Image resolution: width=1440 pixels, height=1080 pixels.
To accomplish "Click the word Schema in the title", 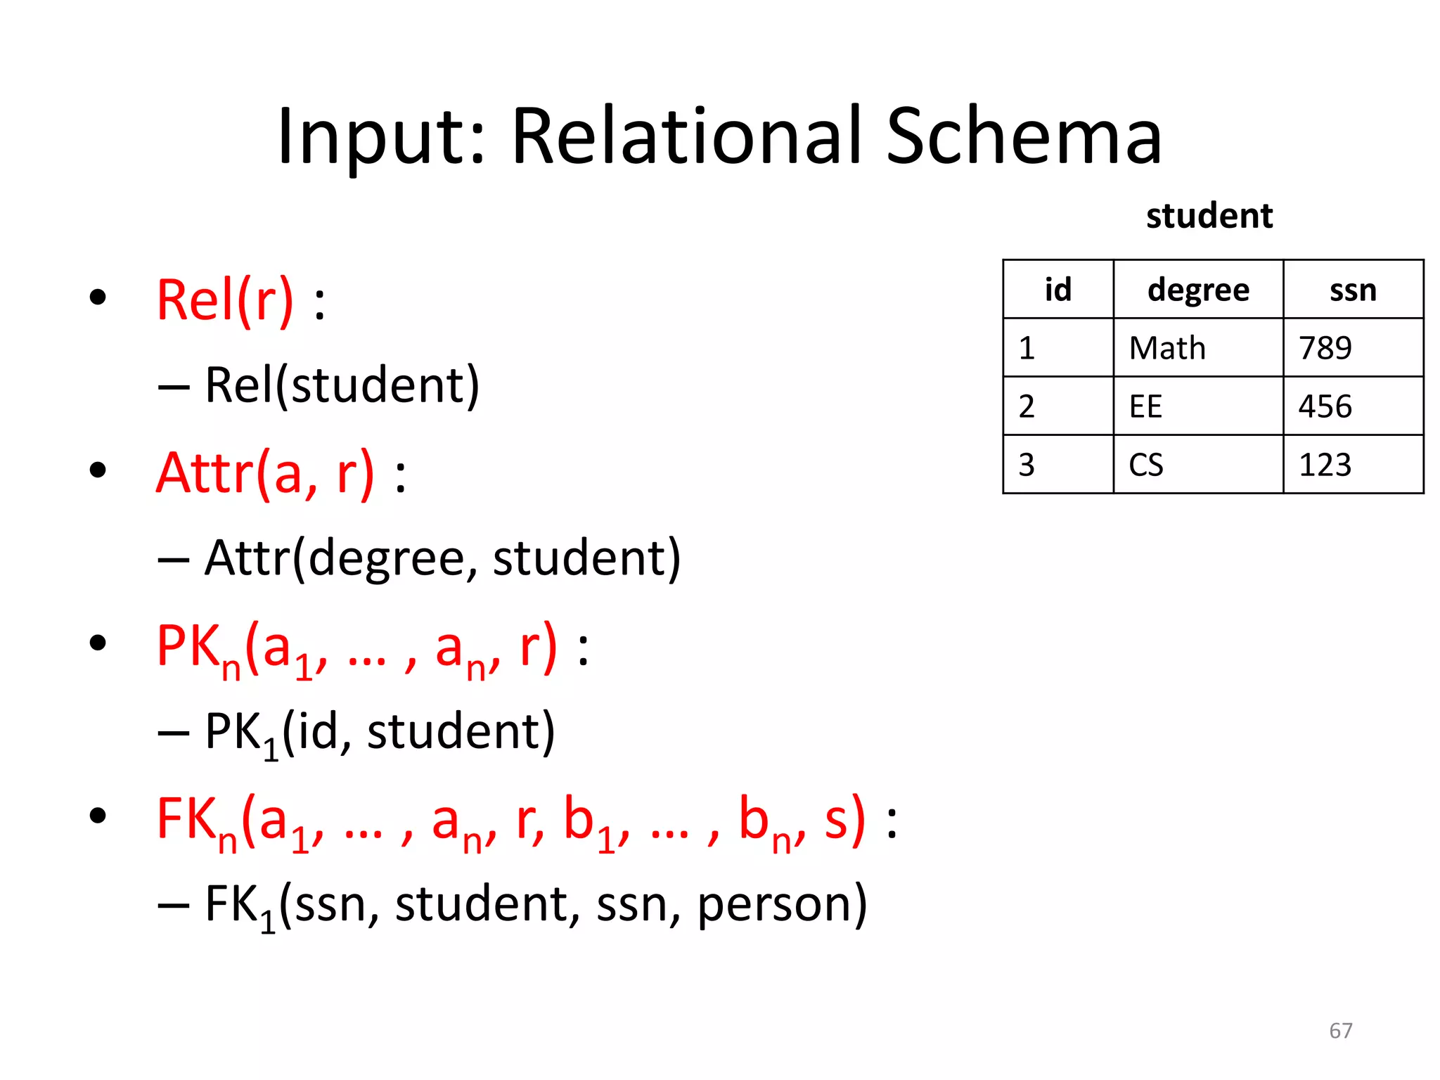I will pos(1024,137).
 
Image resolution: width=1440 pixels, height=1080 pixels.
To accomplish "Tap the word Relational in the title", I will pos(686,137).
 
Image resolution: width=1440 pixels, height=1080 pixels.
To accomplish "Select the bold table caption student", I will pos(1209,216).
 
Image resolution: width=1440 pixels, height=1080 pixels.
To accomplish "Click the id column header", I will pos(1057,290).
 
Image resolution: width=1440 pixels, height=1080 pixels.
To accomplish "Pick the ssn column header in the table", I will pos(1353,290).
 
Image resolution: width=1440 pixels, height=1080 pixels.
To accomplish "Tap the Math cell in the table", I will pos(1167,348).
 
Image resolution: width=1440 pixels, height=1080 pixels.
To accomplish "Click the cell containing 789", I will pos(1325,348).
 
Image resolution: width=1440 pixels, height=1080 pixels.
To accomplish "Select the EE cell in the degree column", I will pos(1145,406).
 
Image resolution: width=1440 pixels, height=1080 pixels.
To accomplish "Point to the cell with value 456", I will pos(1325,406).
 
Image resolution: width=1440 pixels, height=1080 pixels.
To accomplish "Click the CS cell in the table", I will pos(1145,465).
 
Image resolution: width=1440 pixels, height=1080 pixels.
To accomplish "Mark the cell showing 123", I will pos(1325,465).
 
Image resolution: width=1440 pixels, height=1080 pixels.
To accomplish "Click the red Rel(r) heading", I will pos(225,301).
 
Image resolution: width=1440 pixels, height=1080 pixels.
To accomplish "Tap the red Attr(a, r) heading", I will pos(265,474).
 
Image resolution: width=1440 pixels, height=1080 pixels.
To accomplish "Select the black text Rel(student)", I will pos(342,385).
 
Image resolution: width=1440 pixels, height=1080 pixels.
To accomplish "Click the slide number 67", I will pos(1340,1031).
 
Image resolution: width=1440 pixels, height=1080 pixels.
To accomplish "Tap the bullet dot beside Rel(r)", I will pos(98,297).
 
